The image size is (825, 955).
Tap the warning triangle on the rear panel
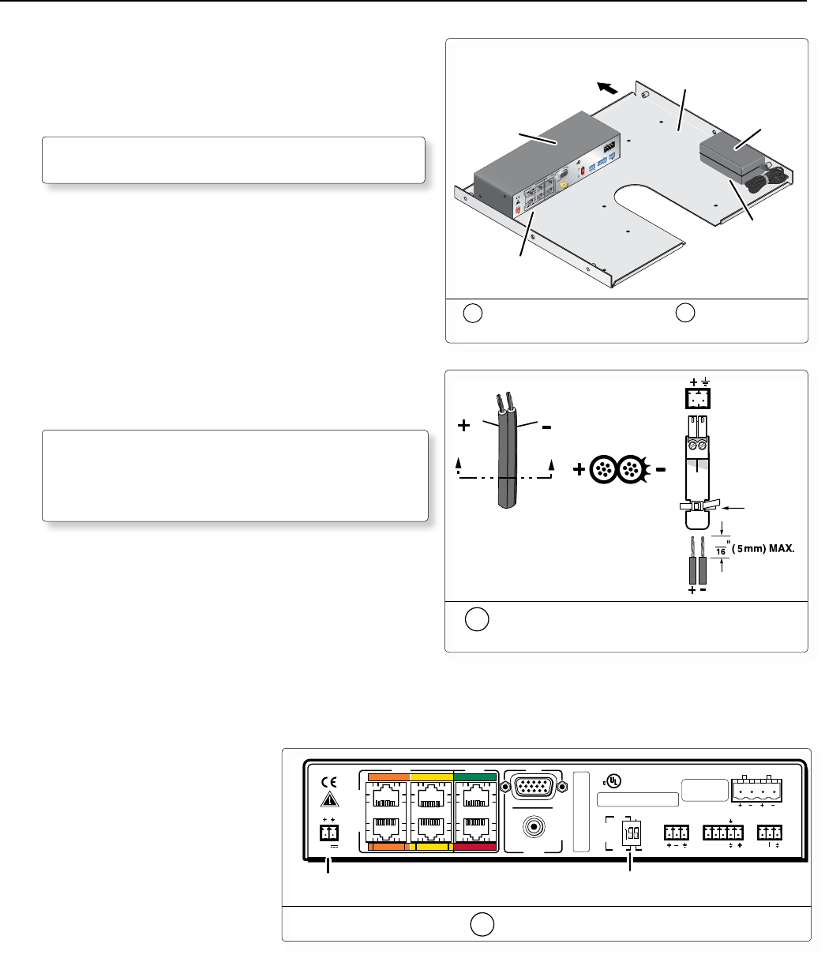(330, 800)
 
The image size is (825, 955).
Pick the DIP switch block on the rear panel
(629, 833)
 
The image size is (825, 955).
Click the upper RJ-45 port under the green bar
(474, 796)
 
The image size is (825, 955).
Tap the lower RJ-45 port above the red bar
(474, 829)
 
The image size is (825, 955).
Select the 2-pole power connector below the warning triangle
(328, 833)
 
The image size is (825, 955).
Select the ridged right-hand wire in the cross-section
(631, 469)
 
